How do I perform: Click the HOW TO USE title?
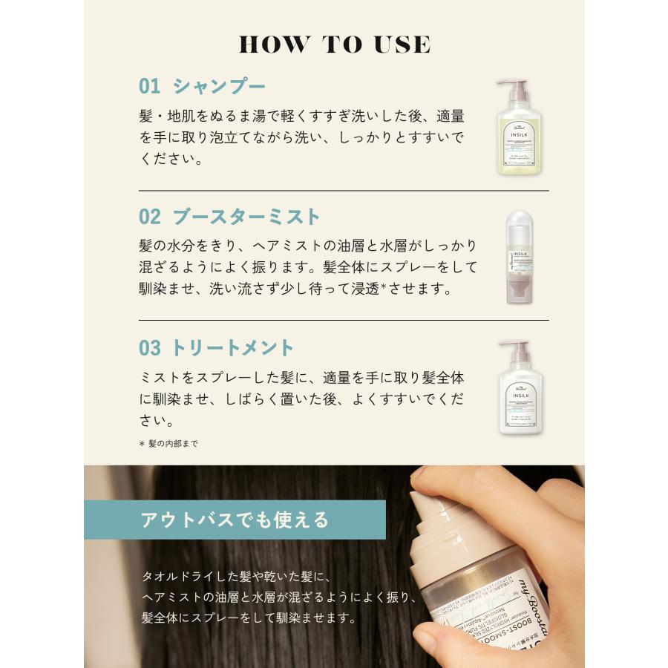[x=334, y=44]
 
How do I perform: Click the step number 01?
[x=149, y=86]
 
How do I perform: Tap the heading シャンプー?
[x=219, y=86]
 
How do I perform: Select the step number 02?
[x=149, y=217]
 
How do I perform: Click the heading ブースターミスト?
[x=246, y=217]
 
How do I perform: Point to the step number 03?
[x=149, y=347]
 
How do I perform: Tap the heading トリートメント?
[x=233, y=347]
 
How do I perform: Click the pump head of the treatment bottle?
[x=514, y=347]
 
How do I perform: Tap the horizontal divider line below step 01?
[x=344, y=191]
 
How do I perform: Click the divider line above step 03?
[x=344, y=320]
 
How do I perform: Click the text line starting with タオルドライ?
[x=235, y=576]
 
